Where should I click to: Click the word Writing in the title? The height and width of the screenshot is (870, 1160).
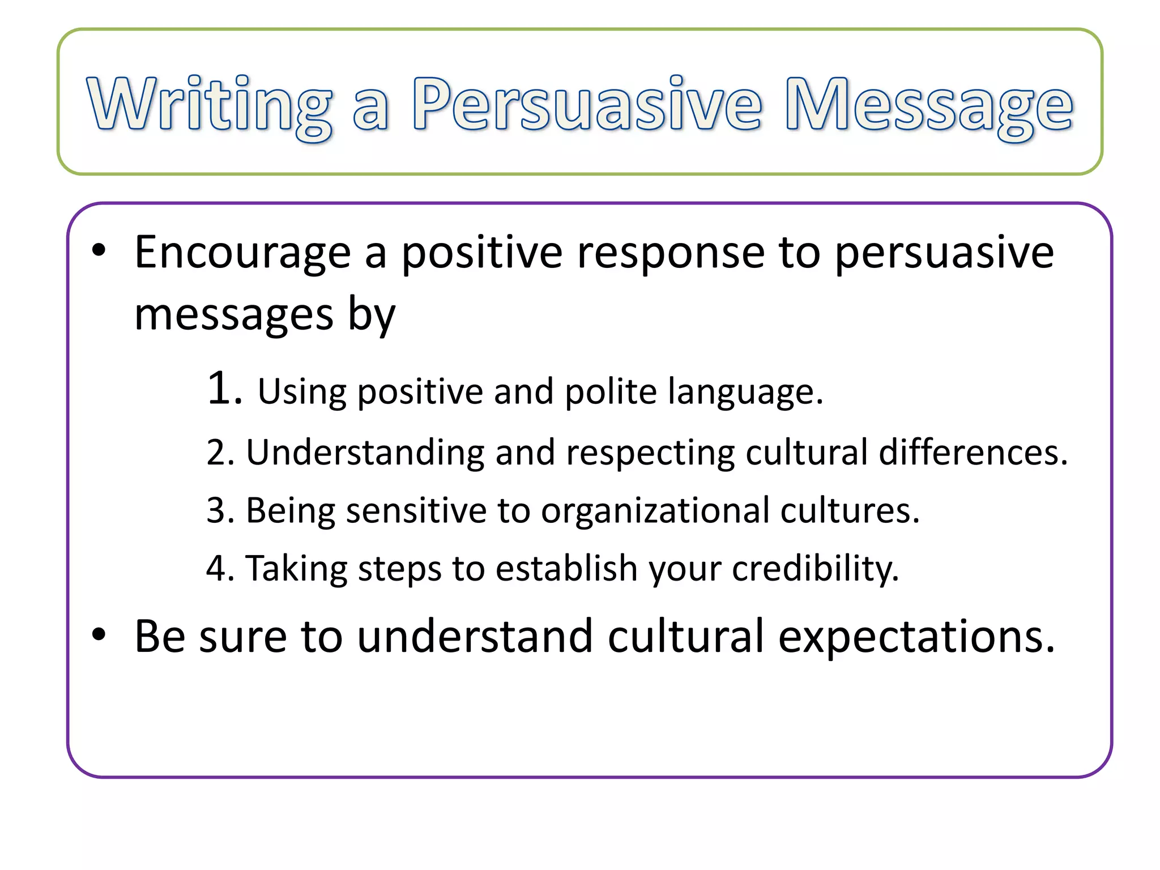(x=210, y=105)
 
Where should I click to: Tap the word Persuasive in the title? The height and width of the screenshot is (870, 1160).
(x=586, y=105)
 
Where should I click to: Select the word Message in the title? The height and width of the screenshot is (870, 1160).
(x=929, y=105)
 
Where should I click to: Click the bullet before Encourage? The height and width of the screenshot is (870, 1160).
(x=99, y=251)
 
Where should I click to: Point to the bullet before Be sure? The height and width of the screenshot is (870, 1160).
(x=99, y=635)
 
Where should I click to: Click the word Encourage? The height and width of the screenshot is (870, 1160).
(x=242, y=253)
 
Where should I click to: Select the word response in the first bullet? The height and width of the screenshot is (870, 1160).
(x=671, y=253)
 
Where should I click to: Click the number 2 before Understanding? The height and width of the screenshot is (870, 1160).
(x=216, y=453)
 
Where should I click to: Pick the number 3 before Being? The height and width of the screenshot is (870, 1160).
(x=216, y=510)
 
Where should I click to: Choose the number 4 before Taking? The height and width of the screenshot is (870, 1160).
(x=216, y=568)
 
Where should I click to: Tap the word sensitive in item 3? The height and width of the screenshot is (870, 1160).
(x=416, y=510)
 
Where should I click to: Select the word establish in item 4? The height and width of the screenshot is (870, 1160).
(x=566, y=568)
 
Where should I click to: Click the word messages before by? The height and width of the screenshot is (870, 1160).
(x=234, y=315)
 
